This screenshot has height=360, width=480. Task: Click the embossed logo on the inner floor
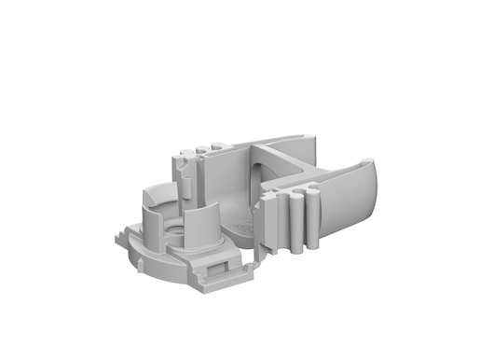click(x=245, y=225)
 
